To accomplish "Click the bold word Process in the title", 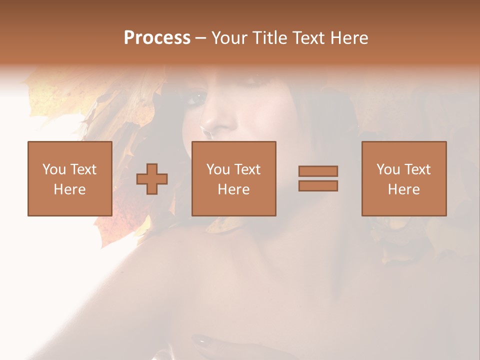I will tap(157, 38).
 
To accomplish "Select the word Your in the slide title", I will tap(229, 38).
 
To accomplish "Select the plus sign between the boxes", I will tap(152, 179).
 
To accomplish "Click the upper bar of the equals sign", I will tap(318, 171).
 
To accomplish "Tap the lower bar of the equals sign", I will tap(318, 186).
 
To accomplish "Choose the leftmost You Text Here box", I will tap(70, 178).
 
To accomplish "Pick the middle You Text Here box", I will tap(233, 178).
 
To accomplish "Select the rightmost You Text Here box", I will tap(404, 178).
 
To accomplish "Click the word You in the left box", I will tap(54, 169).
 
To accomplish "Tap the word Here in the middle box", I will tap(233, 189).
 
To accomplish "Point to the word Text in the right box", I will tap(417, 169).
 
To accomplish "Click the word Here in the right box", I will tap(404, 189).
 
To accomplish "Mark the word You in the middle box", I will tap(218, 169).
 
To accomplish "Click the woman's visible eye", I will tap(196, 98).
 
